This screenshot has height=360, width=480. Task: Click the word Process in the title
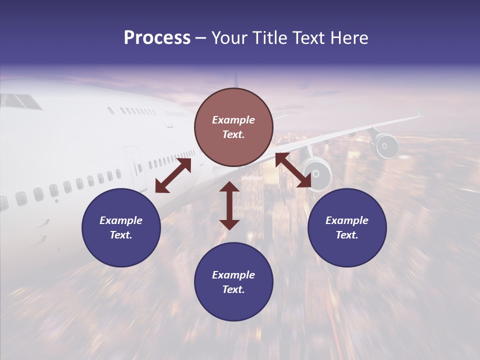pos(157,38)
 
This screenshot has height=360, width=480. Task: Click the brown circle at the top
pos(233,127)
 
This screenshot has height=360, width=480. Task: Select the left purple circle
pos(121,228)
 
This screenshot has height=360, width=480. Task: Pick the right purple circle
pos(347,228)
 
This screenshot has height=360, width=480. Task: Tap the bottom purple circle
pos(233,282)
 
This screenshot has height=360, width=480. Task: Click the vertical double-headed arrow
pos(229,205)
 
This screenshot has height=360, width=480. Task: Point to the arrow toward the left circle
pos(173,175)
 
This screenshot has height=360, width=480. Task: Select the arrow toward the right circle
pos(293,170)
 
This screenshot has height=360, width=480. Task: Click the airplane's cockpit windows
pos(21,101)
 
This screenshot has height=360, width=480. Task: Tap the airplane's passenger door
pos(133,161)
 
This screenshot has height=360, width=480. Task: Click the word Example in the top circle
pos(233,120)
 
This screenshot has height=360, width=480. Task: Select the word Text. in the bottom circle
pos(233,289)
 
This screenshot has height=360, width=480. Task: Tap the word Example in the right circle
pos(347,220)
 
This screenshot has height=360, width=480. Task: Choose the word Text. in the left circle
pos(121,235)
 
